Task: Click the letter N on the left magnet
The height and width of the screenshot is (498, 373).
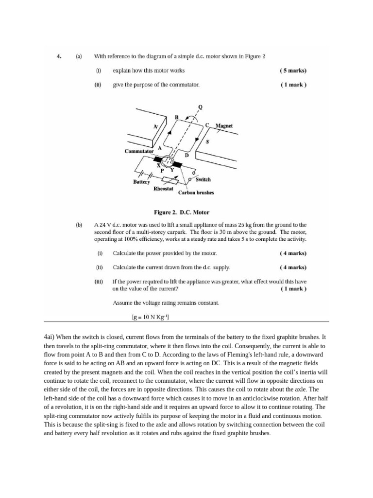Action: [x=155, y=126]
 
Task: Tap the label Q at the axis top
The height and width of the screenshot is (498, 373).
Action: [x=201, y=107]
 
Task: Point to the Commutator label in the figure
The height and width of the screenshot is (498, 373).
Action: [x=139, y=151]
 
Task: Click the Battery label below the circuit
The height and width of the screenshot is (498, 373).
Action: [x=142, y=181]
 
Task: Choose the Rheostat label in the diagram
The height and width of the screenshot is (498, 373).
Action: [x=163, y=188]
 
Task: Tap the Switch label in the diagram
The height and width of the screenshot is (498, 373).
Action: [x=203, y=179]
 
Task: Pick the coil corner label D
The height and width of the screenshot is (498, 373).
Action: [x=186, y=156]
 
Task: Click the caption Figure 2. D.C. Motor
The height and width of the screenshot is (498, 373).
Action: [x=181, y=213]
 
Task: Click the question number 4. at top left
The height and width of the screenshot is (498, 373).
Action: [x=59, y=56]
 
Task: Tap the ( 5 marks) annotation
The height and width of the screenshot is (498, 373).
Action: [x=293, y=71]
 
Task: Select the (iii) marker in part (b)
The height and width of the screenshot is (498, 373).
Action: [x=99, y=282]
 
